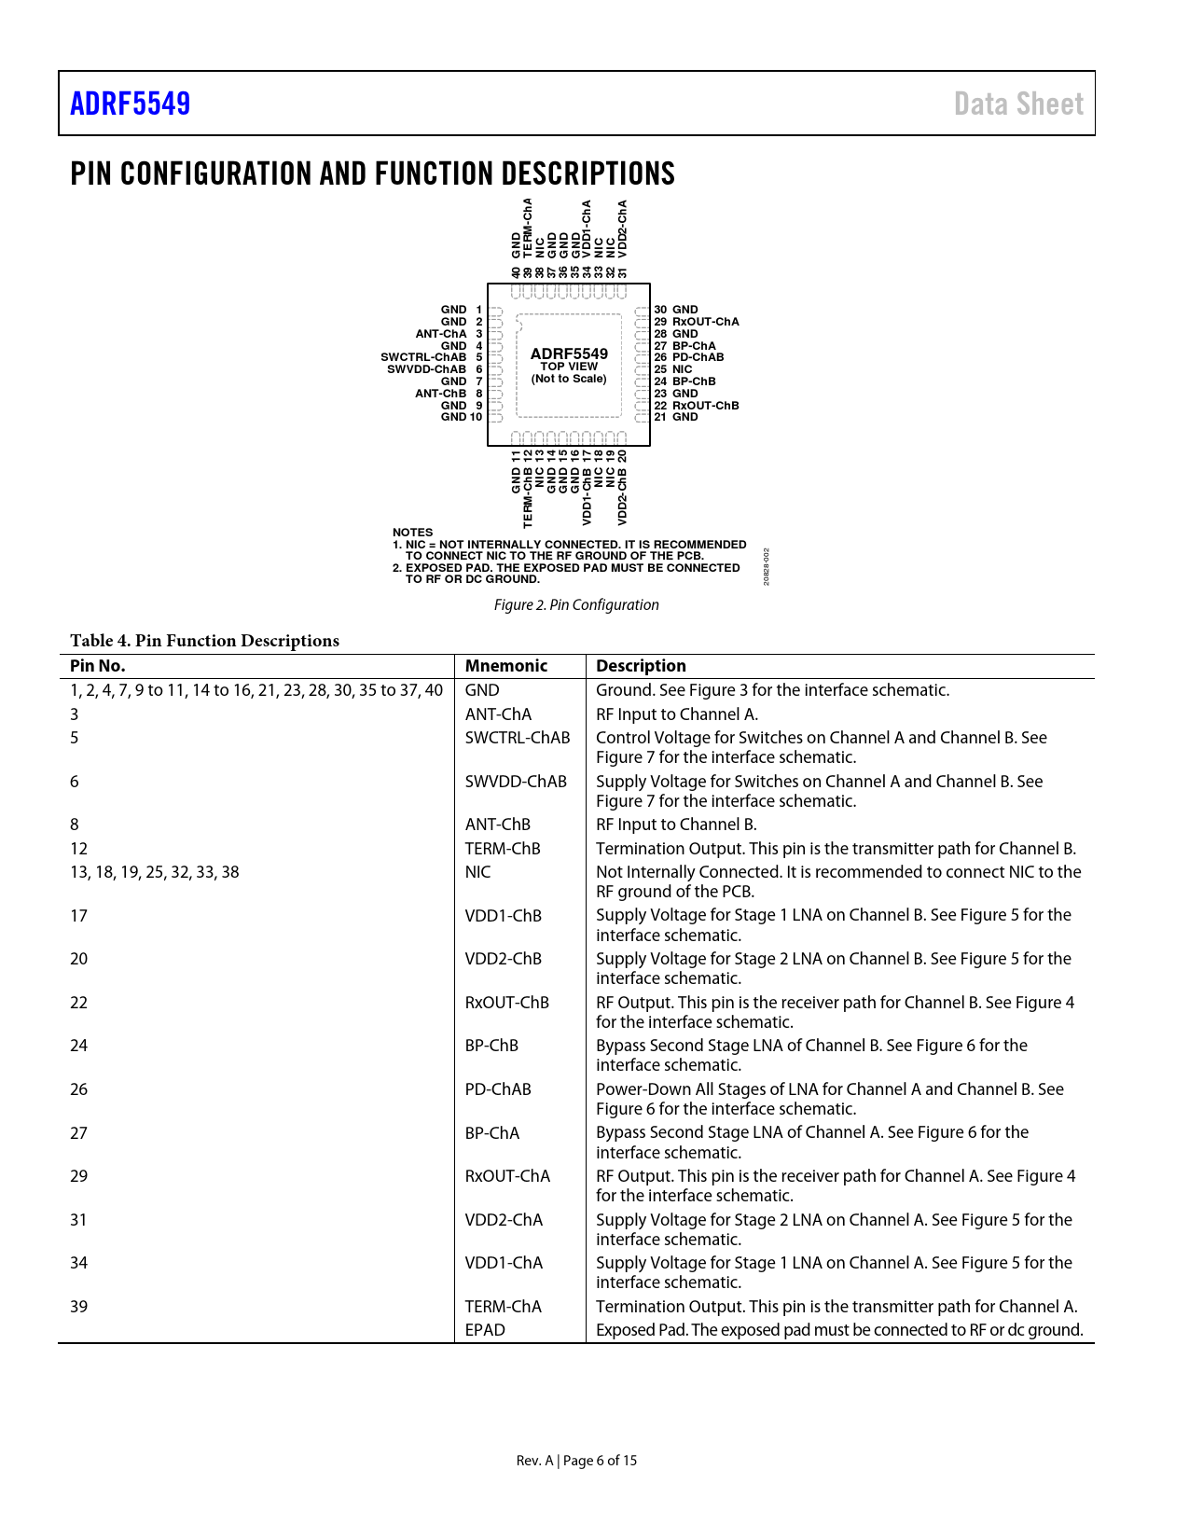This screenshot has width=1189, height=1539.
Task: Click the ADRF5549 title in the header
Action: [131, 104]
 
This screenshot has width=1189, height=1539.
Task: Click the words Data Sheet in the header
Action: [1018, 104]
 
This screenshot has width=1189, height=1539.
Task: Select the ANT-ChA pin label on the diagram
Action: [441, 334]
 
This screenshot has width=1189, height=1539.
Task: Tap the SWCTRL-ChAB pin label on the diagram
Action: [423, 357]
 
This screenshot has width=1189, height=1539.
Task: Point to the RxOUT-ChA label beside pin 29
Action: [706, 322]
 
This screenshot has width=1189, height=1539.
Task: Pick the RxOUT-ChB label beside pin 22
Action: [706, 406]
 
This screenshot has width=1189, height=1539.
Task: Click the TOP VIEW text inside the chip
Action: [569, 367]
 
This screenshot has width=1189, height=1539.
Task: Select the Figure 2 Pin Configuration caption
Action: [576, 605]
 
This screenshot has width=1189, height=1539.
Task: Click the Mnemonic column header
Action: [506, 666]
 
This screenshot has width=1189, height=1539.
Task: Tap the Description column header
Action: [641, 666]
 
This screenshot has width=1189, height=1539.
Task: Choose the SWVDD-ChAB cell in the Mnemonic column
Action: [516, 782]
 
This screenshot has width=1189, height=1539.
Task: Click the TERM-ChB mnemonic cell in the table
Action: [503, 849]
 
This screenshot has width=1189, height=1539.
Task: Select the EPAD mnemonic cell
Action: [485, 1330]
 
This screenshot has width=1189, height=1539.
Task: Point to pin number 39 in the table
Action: [79, 1307]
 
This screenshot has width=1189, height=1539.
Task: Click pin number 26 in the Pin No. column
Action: [79, 1089]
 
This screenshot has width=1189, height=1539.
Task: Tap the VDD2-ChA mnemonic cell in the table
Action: [504, 1220]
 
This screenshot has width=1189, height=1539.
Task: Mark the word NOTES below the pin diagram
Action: [412, 533]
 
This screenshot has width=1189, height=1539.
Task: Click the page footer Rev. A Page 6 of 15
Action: [576, 1461]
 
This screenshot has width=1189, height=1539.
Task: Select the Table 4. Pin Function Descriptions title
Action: [204, 641]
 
